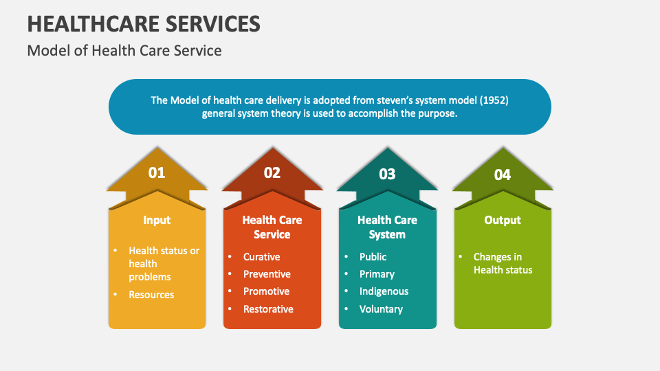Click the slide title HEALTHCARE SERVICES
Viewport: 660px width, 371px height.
coord(144,23)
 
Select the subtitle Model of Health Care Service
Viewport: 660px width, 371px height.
coord(124,50)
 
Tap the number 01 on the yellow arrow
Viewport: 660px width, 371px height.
coord(157,172)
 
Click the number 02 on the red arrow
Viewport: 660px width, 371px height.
coord(272,172)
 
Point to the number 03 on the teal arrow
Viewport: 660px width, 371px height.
coord(387,174)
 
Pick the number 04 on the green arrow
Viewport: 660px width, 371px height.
coord(503,175)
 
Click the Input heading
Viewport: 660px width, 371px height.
coord(157,220)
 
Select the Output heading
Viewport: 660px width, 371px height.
coord(503,220)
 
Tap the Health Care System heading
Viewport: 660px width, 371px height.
coord(387,227)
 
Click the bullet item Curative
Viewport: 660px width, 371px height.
coord(261,256)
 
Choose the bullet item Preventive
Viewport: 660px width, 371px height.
coord(267,273)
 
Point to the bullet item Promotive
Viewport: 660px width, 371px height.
coord(266,291)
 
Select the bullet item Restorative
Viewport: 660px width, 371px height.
coord(268,309)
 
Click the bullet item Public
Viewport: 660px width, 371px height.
coord(373,256)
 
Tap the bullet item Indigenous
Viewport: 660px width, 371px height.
coord(384,291)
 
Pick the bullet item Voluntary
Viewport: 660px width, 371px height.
coord(381,309)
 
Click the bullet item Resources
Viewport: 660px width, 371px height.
coord(151,295)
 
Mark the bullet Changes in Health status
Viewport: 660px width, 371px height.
coord(502,263)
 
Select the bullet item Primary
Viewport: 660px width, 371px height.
coord(377,273)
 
